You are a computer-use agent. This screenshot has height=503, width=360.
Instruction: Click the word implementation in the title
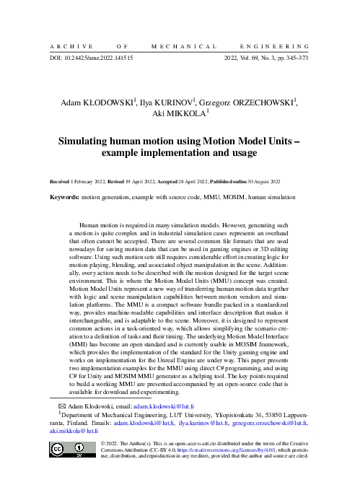[x=174, y=154]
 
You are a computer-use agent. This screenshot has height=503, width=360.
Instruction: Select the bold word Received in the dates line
[x=61, y=182]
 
